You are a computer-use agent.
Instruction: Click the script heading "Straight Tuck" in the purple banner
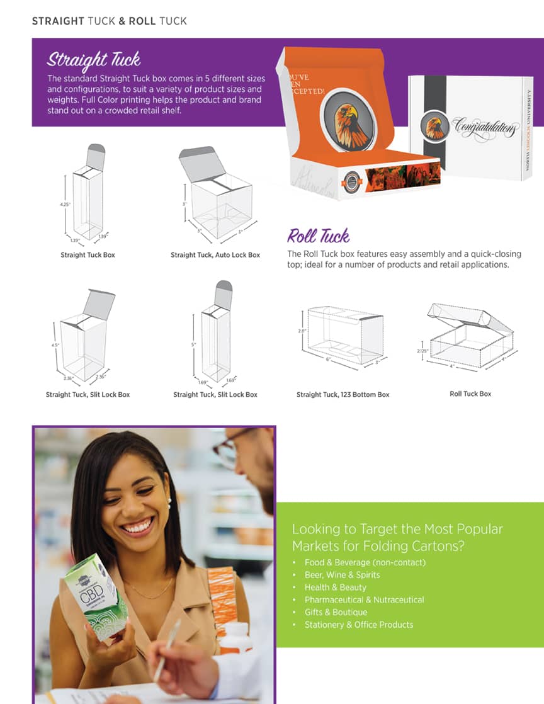pos(93,60)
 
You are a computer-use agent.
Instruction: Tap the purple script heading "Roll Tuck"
pos(318,236)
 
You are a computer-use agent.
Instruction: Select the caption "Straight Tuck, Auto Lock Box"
pos(215,255)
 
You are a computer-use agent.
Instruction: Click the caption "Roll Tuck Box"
pos(470,394)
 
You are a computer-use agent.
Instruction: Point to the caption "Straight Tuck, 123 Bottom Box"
pos(343,394)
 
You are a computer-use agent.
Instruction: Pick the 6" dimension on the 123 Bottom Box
pos(327,359)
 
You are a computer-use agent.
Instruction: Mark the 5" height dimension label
pos(195,344)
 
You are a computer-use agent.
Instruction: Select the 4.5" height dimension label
pos(56,344)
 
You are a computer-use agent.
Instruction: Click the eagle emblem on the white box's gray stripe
pos(435,127)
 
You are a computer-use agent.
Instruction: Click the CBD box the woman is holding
pos(95,595)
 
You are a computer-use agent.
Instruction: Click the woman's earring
pos(169,502)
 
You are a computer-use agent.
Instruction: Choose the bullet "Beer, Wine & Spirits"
pos(342,575)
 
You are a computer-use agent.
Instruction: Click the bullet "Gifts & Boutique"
pos(336,612)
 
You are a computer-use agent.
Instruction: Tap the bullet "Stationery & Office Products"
pos(359,625)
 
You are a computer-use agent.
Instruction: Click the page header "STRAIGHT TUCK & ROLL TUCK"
pos(109,21)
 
